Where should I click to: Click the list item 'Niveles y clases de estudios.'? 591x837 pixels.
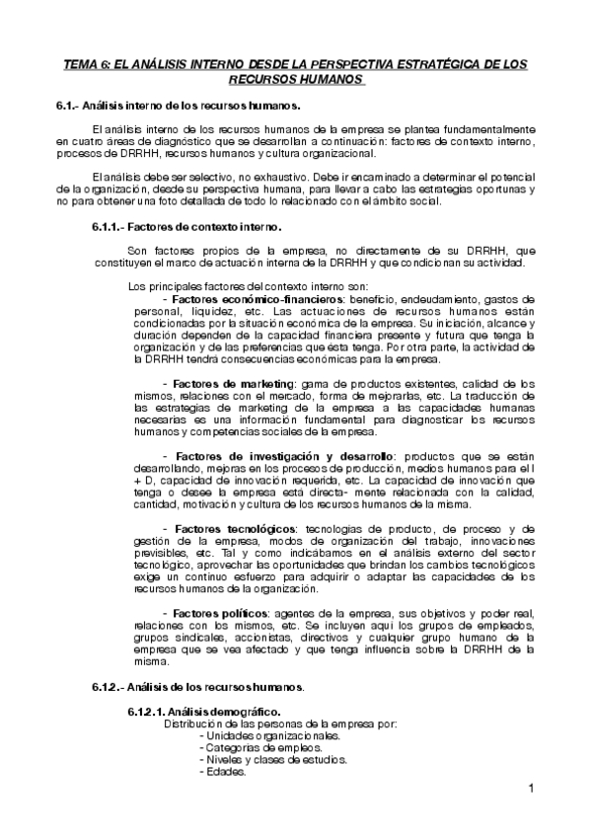click(273, 760)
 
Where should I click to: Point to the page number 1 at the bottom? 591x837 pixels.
click(530, 788)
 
